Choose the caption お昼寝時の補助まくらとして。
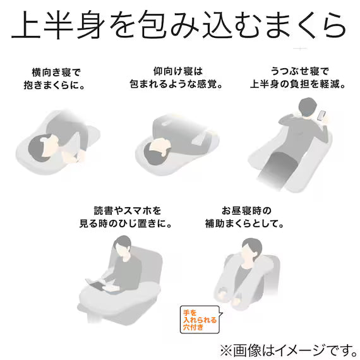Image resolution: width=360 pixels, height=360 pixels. [x=244, y=216]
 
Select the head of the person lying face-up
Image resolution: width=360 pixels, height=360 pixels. [x=157, y=150]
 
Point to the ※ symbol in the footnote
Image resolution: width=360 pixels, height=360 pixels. [x=225, y=348]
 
